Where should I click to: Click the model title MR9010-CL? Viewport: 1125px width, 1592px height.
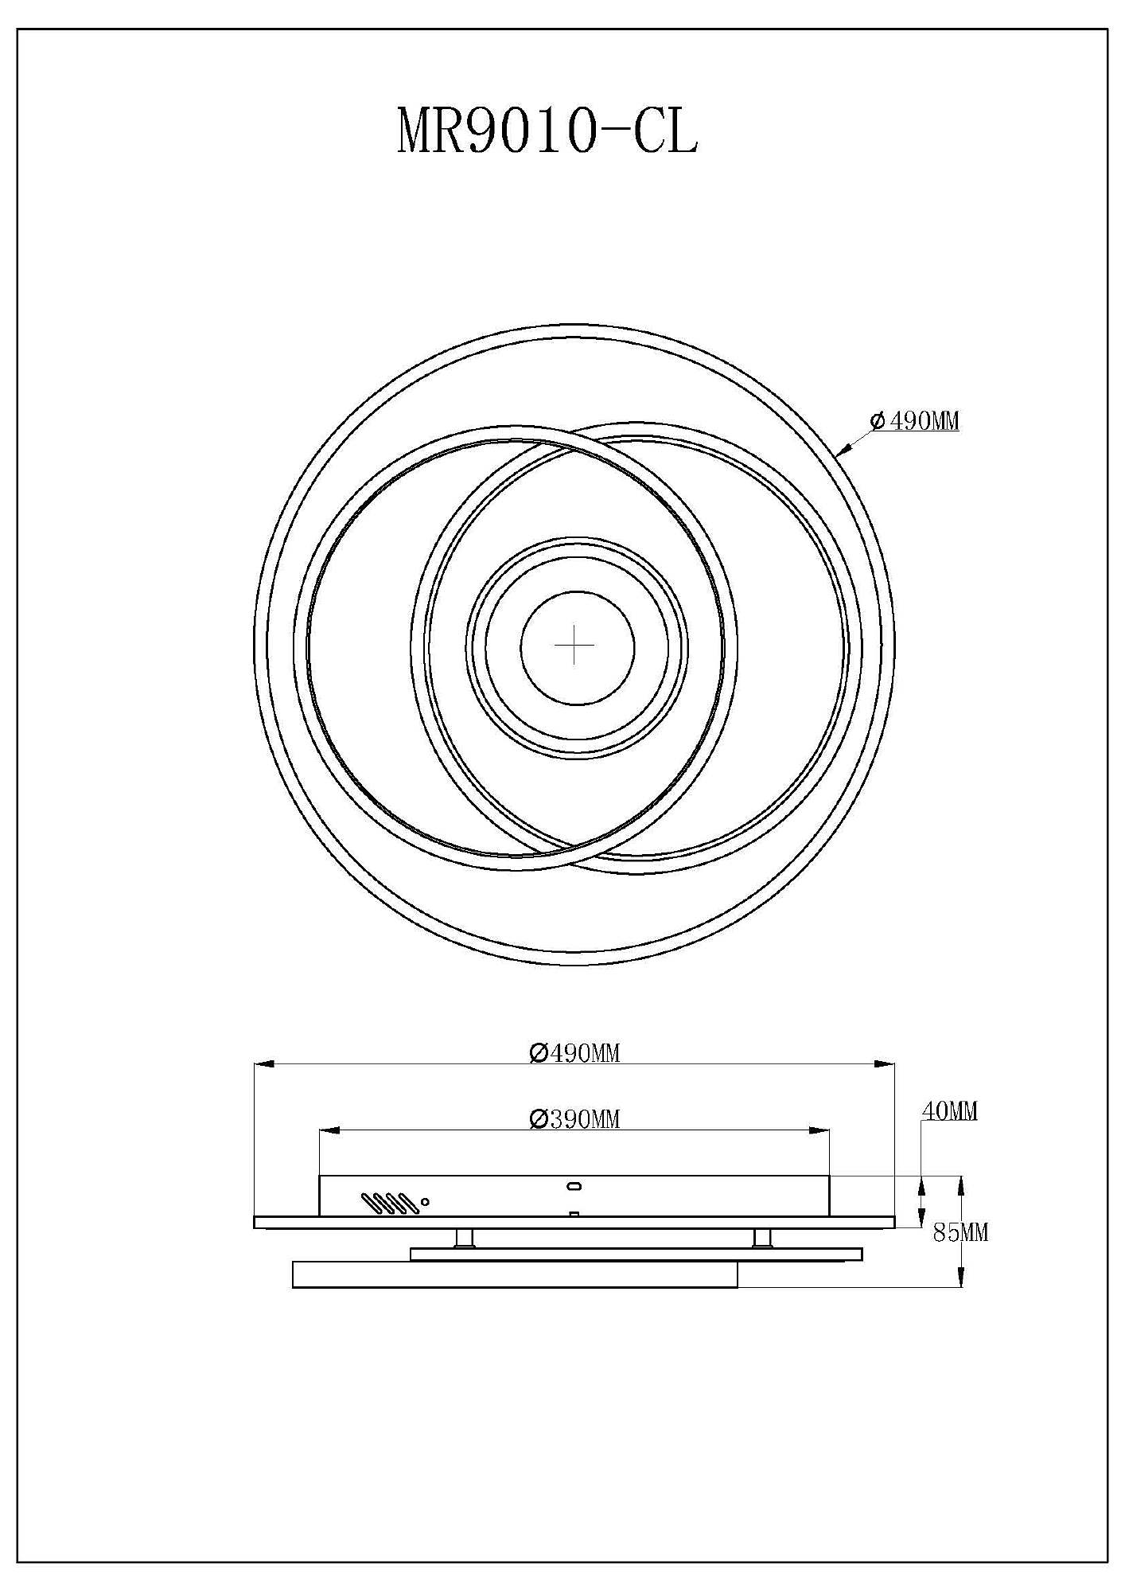(547, 132)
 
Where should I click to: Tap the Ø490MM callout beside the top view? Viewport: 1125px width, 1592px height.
(915, 421)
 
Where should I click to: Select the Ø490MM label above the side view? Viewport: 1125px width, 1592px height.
(574, 1053)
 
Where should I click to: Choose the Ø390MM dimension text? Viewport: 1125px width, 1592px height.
(574, 1119)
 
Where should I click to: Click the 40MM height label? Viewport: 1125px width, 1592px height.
(950, 1111)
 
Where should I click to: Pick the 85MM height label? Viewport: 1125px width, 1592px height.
(960, 1233)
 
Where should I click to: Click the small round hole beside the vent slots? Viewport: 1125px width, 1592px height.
(426, 1202)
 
